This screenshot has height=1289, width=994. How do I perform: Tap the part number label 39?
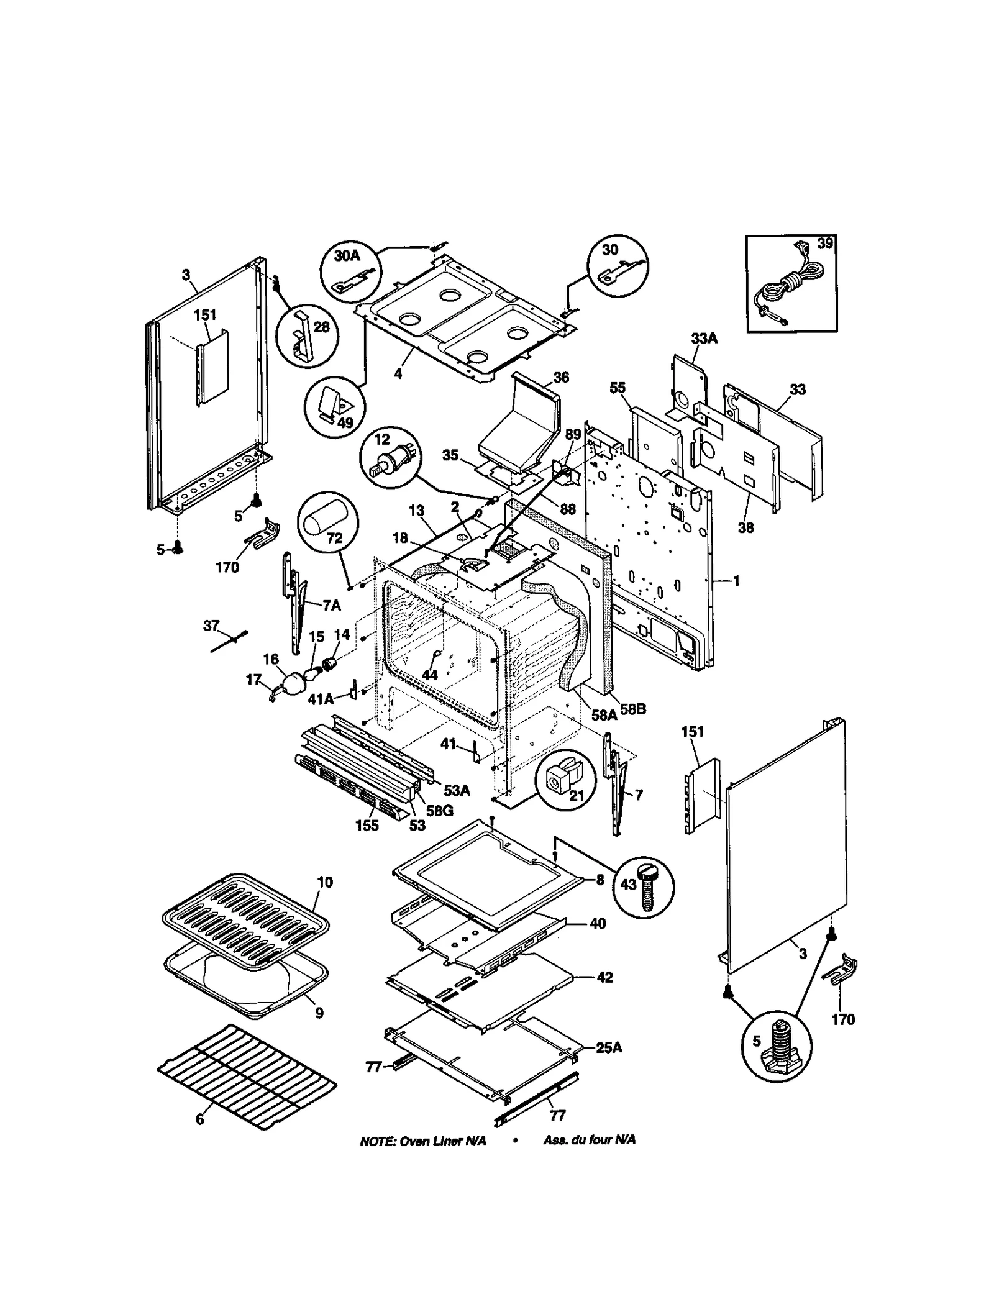(x=824, y=244)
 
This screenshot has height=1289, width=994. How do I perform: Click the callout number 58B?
(x=632, y=708)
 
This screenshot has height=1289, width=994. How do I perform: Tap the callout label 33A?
(x=704, y=338)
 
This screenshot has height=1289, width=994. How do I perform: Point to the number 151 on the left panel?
(x=205, y=315)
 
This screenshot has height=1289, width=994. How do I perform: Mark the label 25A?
(x=608, y=1047)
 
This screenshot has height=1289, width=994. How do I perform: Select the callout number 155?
(x=367, y=826)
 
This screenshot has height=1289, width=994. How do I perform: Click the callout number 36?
(x=560, y=377)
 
